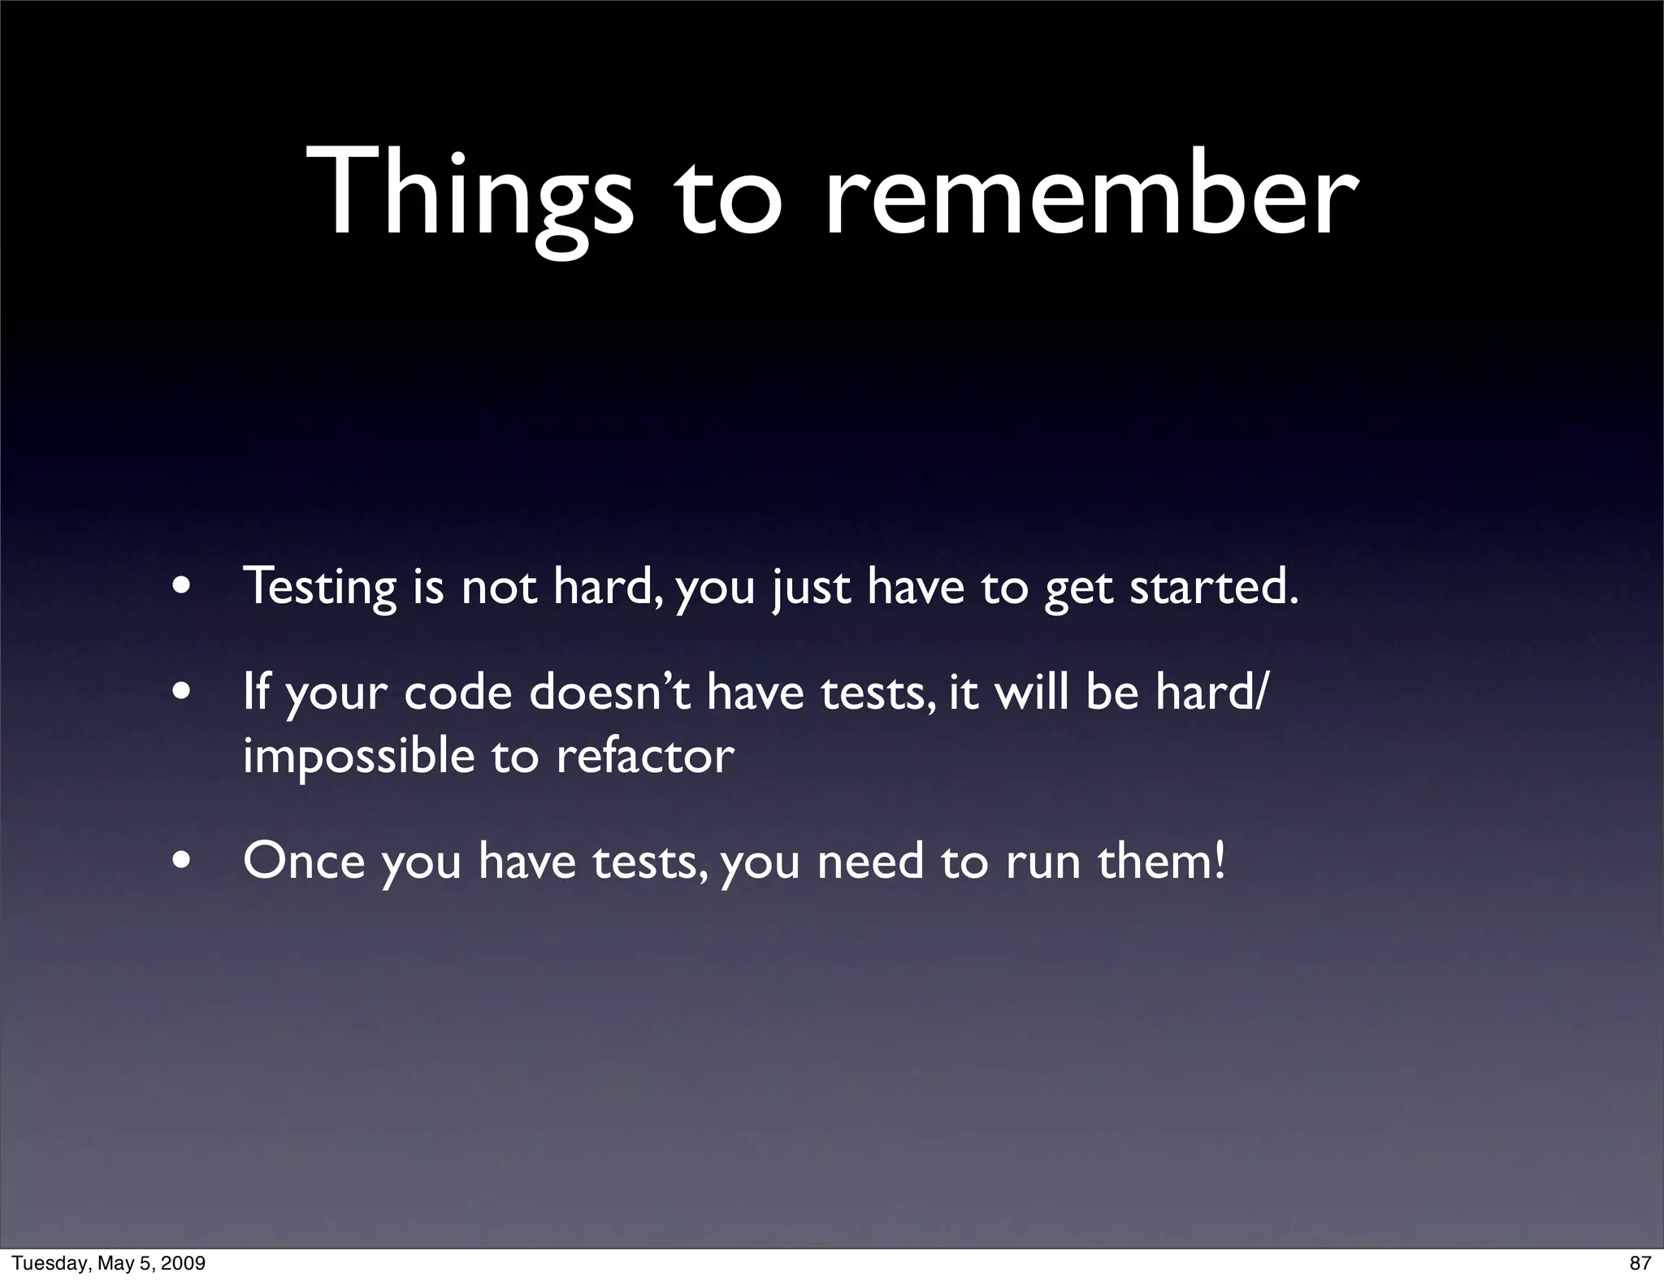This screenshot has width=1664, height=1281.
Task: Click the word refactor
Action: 645,755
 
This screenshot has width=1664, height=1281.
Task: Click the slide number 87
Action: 1640,1263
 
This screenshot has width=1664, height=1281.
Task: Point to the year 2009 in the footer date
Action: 185,1263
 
